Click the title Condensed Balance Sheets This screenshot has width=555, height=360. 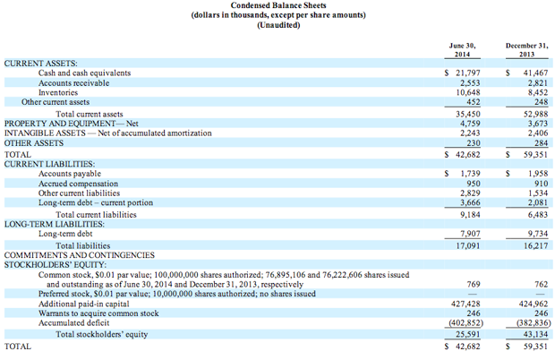tap(278, 5)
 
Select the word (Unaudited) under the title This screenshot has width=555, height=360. tap(278, 25)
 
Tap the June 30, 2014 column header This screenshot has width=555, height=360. tap(462, 50)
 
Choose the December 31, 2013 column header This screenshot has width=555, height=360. tap(526, 50)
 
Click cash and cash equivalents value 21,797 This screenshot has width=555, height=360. tap(468, 73)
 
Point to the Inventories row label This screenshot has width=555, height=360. tap(58, 92)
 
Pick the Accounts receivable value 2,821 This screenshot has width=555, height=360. tap(538, 82)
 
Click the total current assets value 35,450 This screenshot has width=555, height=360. tap(468, 114)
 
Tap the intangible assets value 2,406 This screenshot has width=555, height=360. tap(538, 133)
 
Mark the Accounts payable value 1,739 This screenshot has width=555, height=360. tap(470, 174)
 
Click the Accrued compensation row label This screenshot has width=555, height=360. tap(78, 184)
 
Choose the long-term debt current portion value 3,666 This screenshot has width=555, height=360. tap(470, 202)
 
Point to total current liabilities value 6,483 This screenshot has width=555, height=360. tap(538, 215)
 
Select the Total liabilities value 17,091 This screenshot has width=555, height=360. tap(468, 245)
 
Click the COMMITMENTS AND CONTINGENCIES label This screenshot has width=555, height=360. tap(80, 255)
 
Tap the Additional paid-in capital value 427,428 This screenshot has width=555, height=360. tap(465, 304)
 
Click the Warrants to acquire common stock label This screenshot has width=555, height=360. tap(98, 313)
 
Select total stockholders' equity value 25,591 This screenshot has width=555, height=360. tap(468, 334)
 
